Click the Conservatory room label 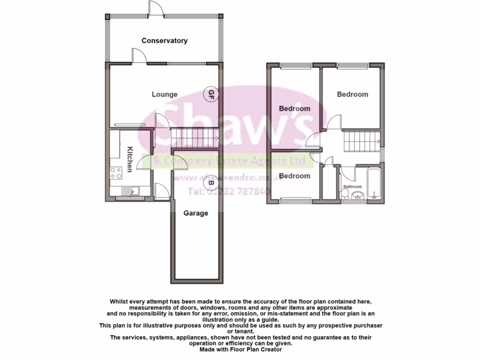[x=165, y=41]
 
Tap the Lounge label [x=165, y=94]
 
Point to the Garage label [x=195, y=213]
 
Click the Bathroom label [x=352, y=187]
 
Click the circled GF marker [x=211, y=94]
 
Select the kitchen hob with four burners [x=115, y=173]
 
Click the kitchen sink [x=129, y=191]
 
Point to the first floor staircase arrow [x=378, y=140]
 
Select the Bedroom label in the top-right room [x=352, y=94]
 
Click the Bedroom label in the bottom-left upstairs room [x=294, y=176]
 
